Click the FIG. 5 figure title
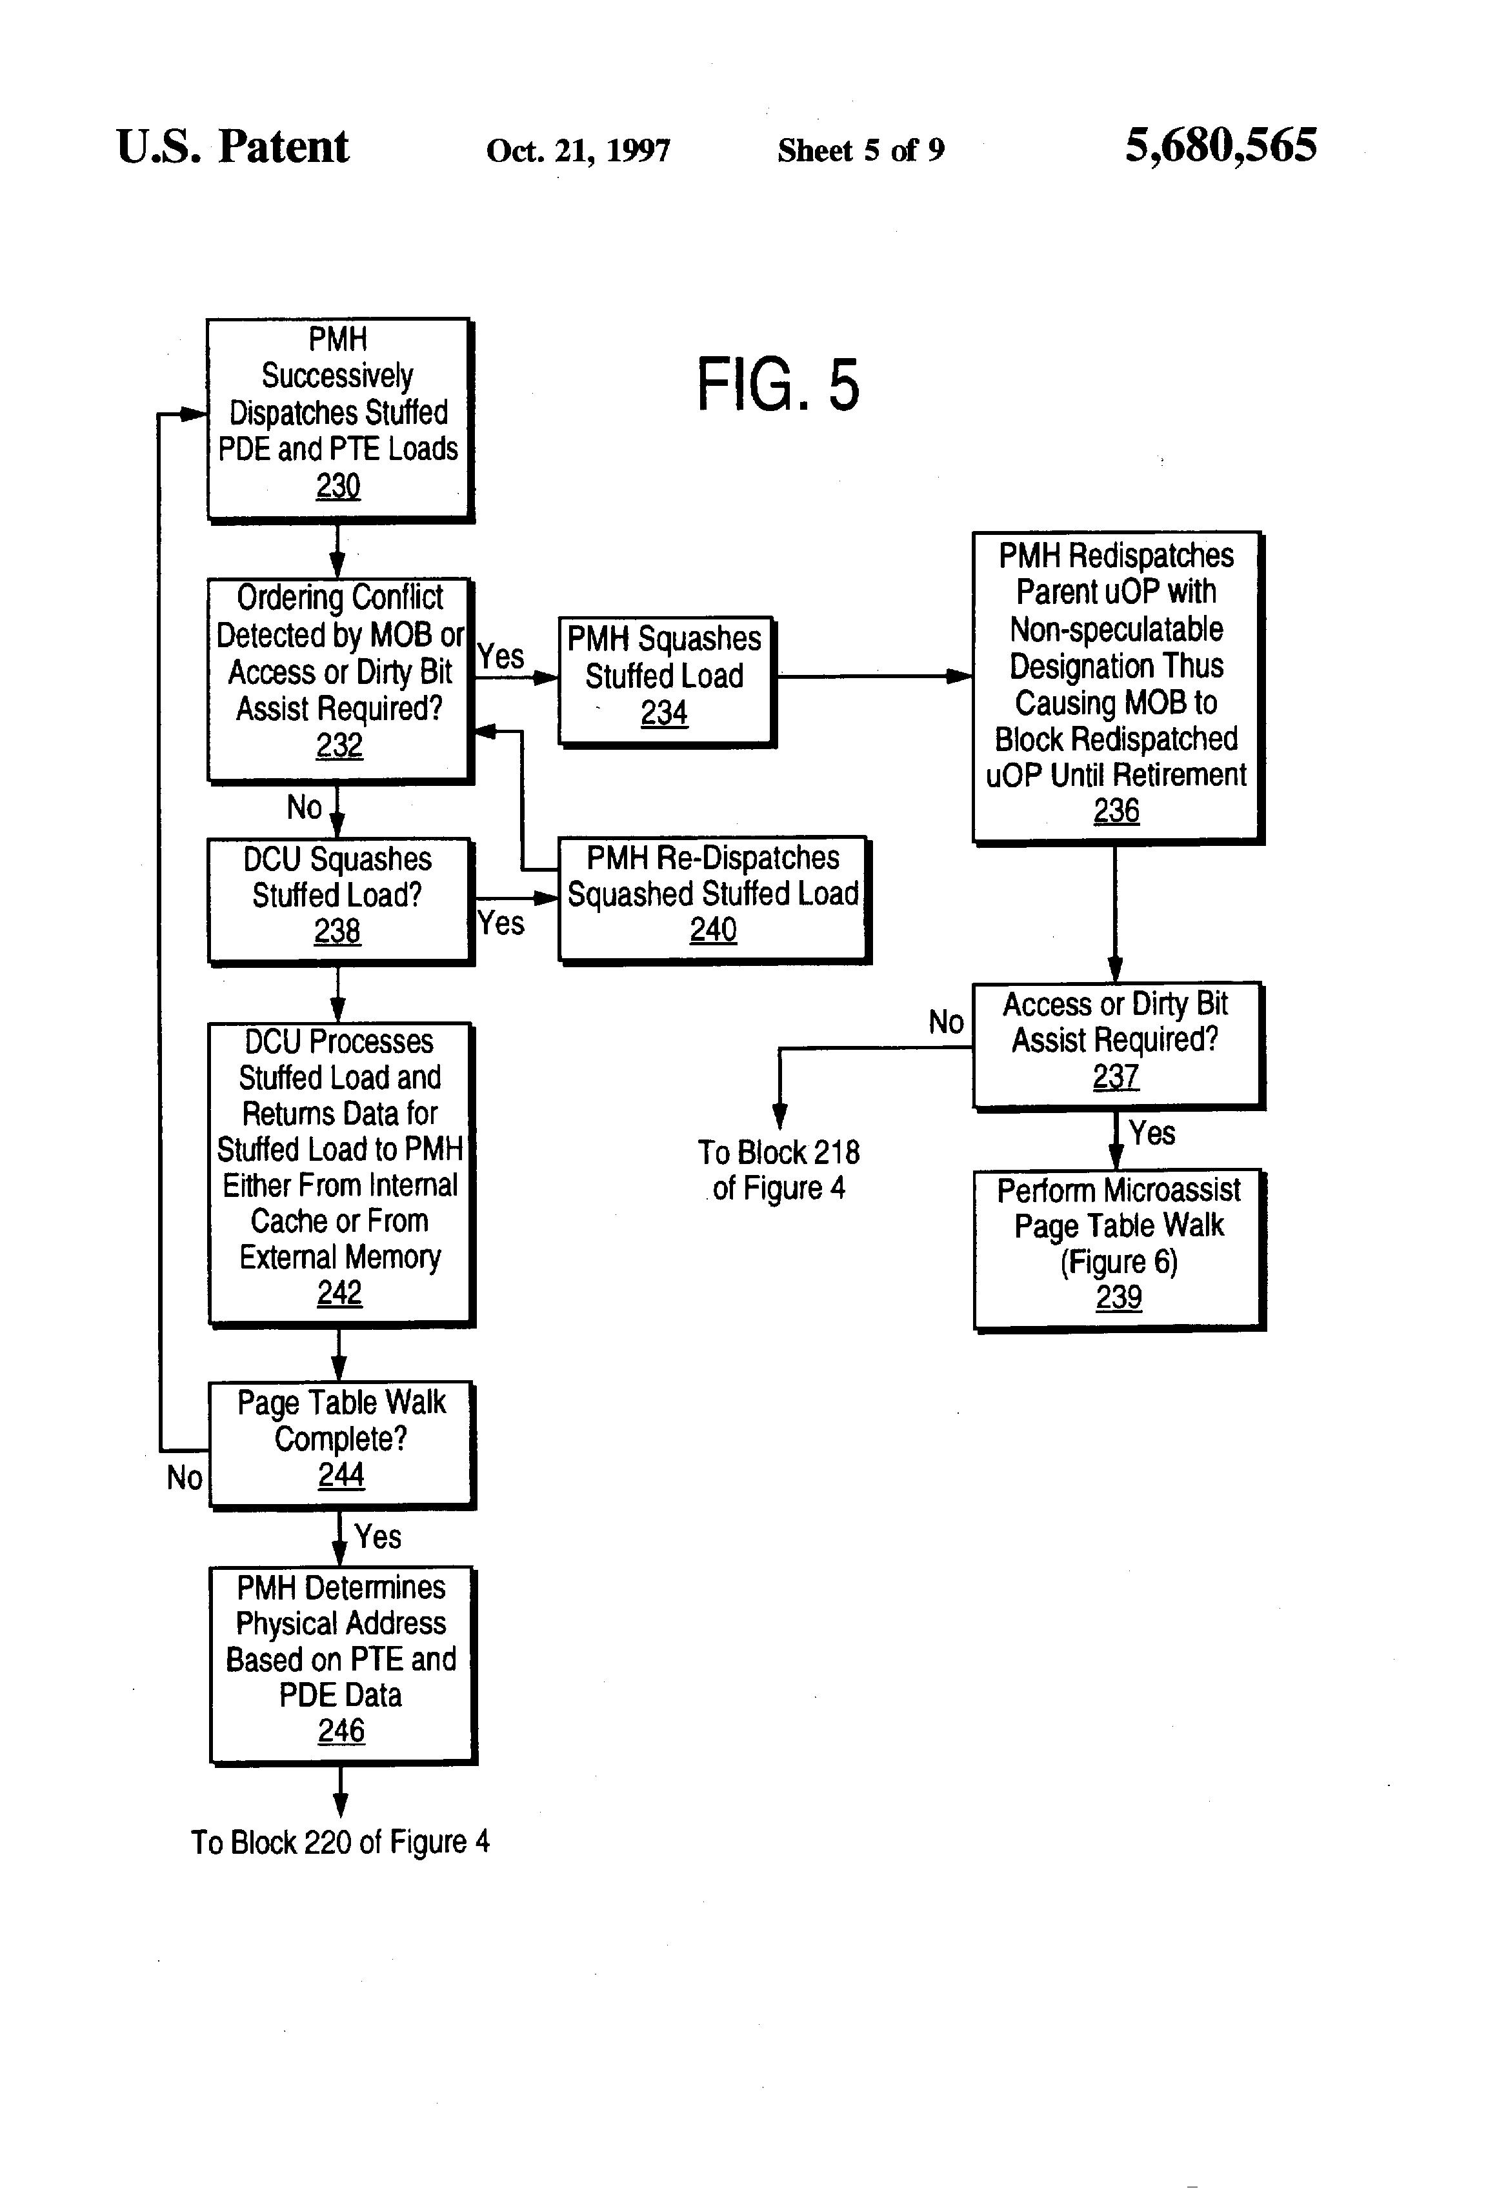click(778, 385)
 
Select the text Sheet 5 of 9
click(860, 150)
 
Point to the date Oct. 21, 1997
click(578, 150)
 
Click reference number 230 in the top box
click(338, 487)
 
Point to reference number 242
click(339, 1292)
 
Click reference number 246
click(341, 1731)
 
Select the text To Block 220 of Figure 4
click(339, 1842)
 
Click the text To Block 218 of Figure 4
click(778, 1170)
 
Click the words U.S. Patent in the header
click(233, 148)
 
